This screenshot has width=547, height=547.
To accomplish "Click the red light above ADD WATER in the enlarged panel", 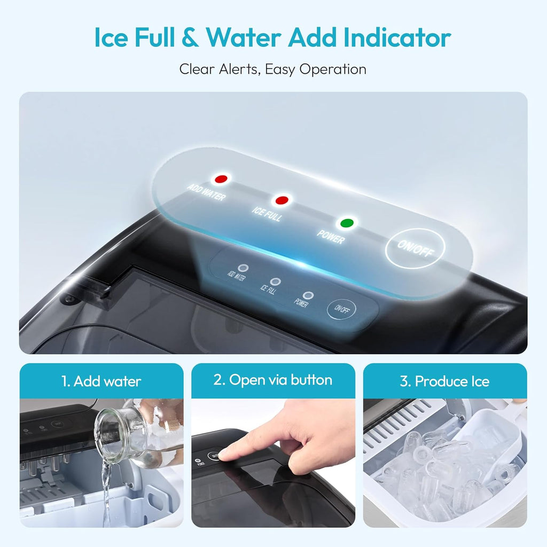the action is [x=221, y=179].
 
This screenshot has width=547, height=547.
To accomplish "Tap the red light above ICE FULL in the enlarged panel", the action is [x=282, y=200].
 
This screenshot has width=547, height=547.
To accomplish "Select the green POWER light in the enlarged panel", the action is [x=347, y=223].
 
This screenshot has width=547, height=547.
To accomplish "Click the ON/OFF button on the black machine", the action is [x=341, y=309].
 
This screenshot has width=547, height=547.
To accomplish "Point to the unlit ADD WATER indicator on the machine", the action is [x=243, y=268].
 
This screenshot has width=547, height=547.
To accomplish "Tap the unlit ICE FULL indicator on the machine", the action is [x=276, y=282].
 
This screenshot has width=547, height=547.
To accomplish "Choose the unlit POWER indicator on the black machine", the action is [x=308, y=295].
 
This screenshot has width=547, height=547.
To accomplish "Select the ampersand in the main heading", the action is [x=190, y=37].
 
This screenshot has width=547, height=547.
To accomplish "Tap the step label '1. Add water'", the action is [x=101, y=381].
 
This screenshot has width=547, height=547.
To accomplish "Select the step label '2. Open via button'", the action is [x=273, y=380].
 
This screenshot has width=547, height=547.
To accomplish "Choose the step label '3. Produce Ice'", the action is [x=445, y=381].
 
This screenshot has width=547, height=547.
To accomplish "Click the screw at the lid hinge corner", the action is [x=70, y=299].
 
